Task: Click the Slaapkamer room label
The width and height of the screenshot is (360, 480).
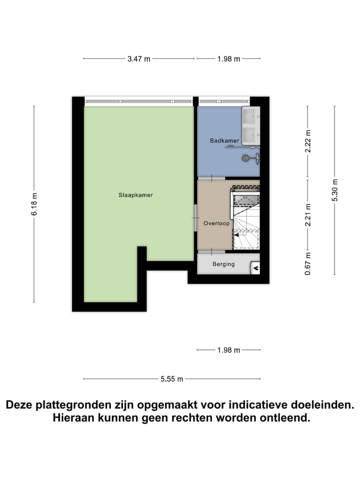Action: pyautogui.click(x=135, y=195)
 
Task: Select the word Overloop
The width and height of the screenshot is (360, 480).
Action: pyautogui.click(x=216, y=223)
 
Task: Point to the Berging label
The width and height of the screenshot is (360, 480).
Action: pyautogui.click(x=223, y=264)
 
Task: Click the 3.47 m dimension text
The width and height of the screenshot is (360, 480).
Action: pyautogui.click(x=138, y=59)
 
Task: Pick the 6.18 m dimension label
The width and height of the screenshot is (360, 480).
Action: pyautogui.click(x=34, y=204)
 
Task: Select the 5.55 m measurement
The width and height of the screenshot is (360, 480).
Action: pyautogui.click(x=171, y=379)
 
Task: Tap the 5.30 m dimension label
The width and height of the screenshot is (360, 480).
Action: pyautogui.click(x=334, y=190)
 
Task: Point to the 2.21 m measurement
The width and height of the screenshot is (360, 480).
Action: pyautogui.click(x=308, y=215)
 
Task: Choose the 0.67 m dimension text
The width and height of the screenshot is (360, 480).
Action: pyautogui.click(x=308, y=263)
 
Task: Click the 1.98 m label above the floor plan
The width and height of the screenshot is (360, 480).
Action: pyautogui.click(x=228, y=59)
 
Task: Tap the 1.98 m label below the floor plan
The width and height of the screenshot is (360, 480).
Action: pyautogui.click(x=228, y=350)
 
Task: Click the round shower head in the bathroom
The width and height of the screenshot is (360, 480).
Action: pyautogui.click(x=245, y=158)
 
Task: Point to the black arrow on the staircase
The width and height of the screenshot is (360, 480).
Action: pyautogui.click(x=256, y=268)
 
